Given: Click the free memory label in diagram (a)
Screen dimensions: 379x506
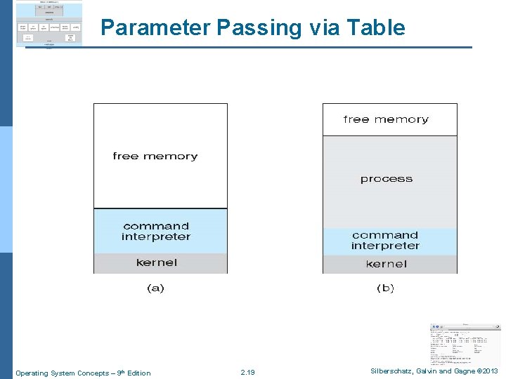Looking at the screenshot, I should [x=155, y=156].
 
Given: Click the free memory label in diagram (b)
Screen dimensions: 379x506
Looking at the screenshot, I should [x=386, y=119].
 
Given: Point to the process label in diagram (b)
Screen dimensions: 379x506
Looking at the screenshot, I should [x=386, y=179].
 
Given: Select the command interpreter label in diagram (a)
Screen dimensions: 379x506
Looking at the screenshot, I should [x=156, y=232].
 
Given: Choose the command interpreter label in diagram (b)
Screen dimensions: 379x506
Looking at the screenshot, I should [x=385, y=241].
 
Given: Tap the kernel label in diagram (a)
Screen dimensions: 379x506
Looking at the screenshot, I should [x=157, y=262].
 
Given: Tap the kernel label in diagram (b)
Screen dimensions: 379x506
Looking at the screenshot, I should [x=386, y=264].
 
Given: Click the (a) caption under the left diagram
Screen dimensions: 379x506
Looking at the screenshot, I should [x=155, y=288].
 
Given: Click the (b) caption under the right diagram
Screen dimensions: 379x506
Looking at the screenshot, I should [x=385, y=288].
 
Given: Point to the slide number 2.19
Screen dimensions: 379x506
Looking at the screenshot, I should [x=247, y=373].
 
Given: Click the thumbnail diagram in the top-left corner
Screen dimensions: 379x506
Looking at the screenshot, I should [x=48, y=24].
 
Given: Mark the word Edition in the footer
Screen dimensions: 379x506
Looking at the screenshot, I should [x=137, y=373].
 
